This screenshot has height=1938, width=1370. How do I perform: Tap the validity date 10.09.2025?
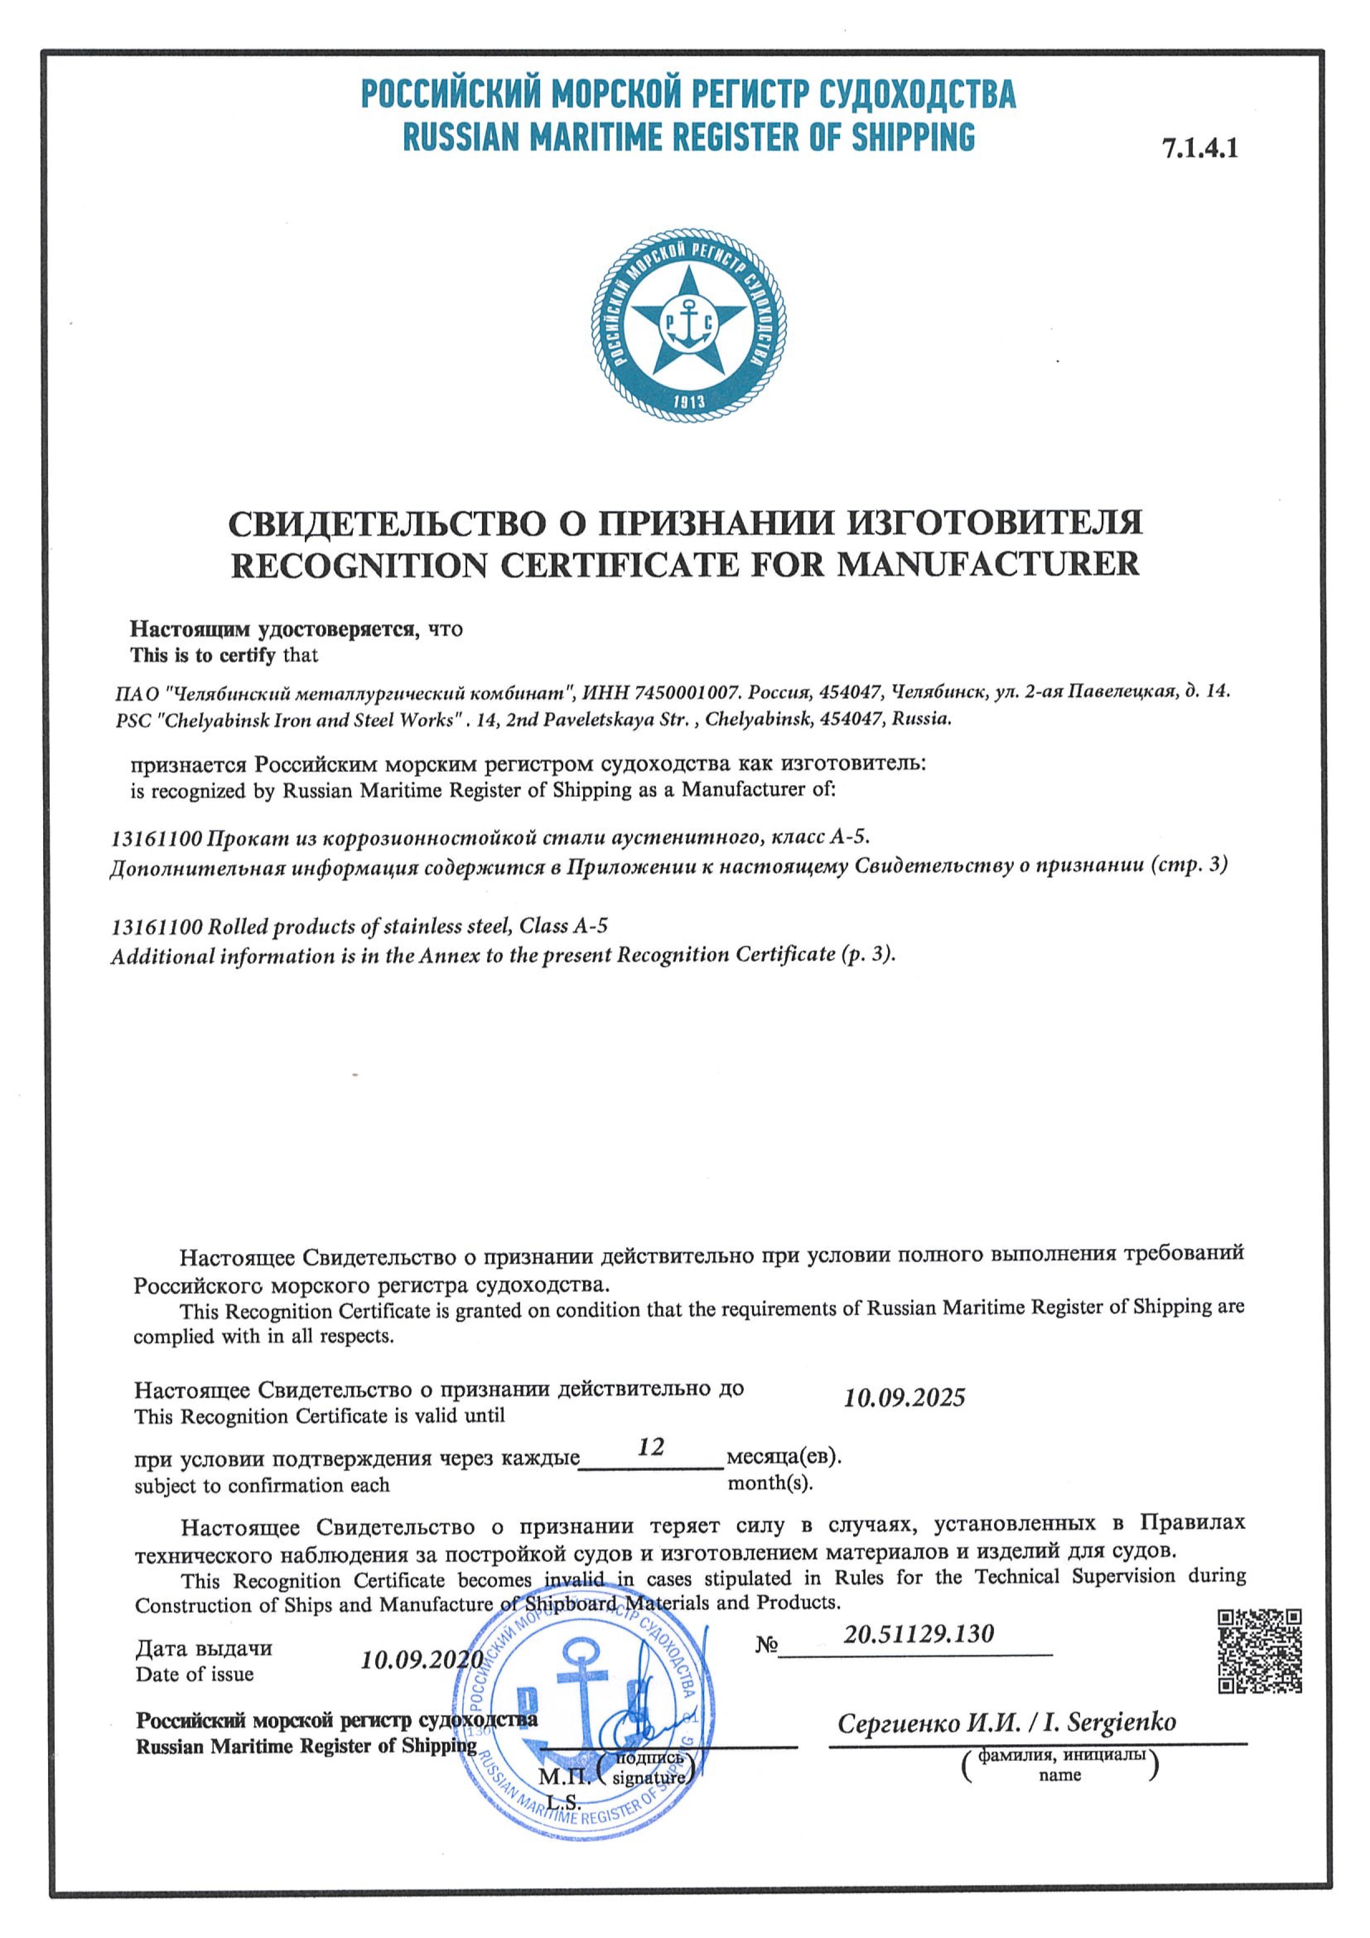(x=904, y=1398)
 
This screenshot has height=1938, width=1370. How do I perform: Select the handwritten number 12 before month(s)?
(x=651, y=1448)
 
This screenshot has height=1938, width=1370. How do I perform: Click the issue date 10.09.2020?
(x=421, y=1660)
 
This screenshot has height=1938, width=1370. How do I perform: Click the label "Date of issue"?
(x=194, y=1675)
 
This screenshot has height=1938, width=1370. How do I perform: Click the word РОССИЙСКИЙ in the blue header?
(x=451, y=94)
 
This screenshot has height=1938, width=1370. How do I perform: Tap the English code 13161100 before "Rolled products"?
(x=157, y=927)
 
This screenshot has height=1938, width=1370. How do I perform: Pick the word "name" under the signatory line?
(x=1060, y=1775)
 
